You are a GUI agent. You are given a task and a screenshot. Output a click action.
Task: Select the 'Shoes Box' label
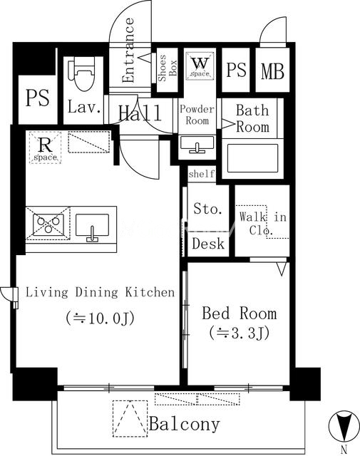click(x=163, y=69)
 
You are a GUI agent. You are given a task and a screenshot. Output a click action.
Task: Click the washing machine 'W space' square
click(x=197, y=66)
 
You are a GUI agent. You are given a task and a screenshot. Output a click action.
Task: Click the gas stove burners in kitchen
click(x=48, y=224)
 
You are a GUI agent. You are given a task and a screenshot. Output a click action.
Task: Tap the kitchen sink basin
click(x=92, y=226)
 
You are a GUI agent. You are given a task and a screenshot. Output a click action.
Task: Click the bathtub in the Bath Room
click(x=252, y=157)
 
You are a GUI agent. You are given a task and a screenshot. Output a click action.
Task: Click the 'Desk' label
click(x=208, y=244)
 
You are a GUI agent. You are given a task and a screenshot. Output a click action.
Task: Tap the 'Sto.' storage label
click(x=208, y=209)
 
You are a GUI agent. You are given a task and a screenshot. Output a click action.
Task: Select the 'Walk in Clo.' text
click(x=262, y=223)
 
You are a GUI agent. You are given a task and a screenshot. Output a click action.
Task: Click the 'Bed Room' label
click(x=239, y=313)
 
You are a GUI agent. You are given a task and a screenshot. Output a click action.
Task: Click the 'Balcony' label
click(x=185, y=425)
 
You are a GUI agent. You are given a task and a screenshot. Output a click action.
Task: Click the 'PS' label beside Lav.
click(x=37, y=98)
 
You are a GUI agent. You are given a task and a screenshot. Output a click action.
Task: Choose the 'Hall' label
click(x=139, y=113)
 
